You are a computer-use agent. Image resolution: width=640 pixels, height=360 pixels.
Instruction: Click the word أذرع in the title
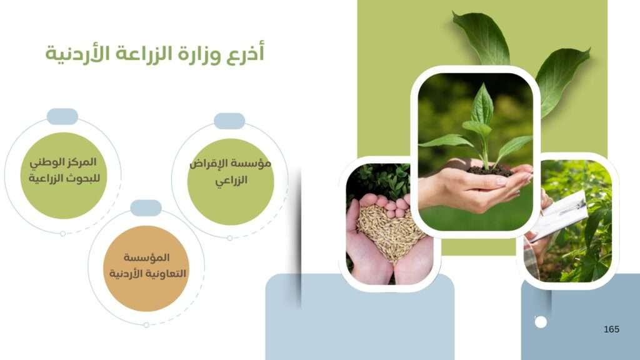point(246,54)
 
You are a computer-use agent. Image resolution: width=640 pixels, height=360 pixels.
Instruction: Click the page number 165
point(611,329)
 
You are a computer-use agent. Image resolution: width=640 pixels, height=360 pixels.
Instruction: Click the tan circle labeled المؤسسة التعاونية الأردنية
point(146,269)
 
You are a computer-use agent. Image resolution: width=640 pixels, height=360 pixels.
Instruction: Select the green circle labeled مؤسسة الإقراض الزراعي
point(231,182)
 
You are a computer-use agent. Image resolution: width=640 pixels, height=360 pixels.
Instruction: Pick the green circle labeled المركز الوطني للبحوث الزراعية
point(64,176)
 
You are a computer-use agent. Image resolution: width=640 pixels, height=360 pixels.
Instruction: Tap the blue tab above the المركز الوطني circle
point(62,116)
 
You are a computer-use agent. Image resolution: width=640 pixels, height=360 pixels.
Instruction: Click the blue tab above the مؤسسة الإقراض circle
point(229,121)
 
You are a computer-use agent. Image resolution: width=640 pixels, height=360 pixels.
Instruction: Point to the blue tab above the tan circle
point(146,207)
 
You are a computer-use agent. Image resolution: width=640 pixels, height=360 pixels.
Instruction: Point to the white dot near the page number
point(541,322)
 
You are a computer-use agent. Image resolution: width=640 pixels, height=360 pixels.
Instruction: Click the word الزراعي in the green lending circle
point(231,180)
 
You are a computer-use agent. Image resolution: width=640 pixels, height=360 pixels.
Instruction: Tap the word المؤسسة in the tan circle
point(146,257)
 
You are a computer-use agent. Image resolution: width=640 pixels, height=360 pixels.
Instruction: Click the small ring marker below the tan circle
point(146,325)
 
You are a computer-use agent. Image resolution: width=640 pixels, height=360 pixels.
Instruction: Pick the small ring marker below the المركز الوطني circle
point(63,234)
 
